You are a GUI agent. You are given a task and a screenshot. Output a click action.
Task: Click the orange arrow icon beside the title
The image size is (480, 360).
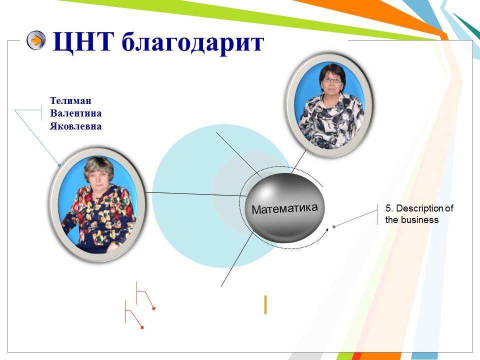tap(36, 40)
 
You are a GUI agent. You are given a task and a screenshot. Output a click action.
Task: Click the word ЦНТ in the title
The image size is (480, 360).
tap(83, 42)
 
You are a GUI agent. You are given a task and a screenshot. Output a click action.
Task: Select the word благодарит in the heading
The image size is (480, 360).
tap(192, 42)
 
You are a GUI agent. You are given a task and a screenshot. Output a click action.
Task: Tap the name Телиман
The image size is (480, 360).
tap(70, 100)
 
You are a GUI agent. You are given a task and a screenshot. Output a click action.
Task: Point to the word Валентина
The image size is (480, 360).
tap(76, 113)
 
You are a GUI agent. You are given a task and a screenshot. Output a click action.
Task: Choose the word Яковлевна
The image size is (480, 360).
tap(76, 126)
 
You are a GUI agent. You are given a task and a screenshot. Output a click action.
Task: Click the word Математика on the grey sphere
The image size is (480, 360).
tap(284, 208)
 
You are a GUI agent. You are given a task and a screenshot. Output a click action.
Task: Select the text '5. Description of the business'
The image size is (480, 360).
tap(419, 214)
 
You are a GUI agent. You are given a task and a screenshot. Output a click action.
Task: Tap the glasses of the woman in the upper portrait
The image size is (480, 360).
tap(332, 80)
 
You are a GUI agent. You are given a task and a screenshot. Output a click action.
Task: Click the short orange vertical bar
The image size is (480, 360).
tap(265, 304)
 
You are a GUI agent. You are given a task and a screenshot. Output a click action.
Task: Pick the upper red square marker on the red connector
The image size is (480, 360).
tap(153, 308)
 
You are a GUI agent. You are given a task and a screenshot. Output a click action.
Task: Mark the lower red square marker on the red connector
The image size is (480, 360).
tap(142, 327)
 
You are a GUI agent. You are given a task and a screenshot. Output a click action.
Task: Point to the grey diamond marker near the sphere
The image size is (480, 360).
tap(334, 227)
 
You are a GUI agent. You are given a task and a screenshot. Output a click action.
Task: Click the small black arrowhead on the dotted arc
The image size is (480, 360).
tap(326, 229)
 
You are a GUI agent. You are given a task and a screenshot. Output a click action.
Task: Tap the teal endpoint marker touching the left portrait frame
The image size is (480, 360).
tap(59, 165)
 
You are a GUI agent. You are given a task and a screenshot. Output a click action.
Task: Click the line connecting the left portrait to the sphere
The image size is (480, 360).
tap(195, 194)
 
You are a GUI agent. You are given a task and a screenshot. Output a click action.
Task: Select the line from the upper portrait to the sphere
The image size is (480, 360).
tap(298, 161)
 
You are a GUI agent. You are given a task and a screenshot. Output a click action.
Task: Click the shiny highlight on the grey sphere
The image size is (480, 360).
tap(265, 191)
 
